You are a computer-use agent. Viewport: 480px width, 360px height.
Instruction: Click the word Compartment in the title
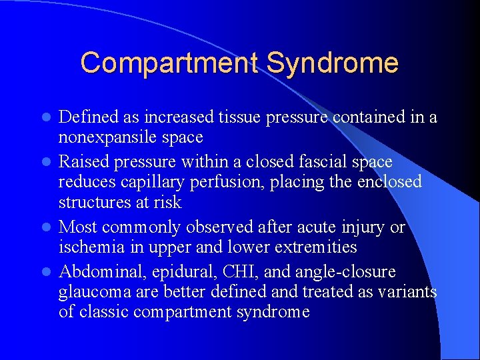click(170, 63)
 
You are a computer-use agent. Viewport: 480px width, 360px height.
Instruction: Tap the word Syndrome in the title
click(332, 63)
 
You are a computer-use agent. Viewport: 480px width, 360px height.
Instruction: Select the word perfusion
click(226, 182)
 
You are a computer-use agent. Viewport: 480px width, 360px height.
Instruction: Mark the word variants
click(405, 292)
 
